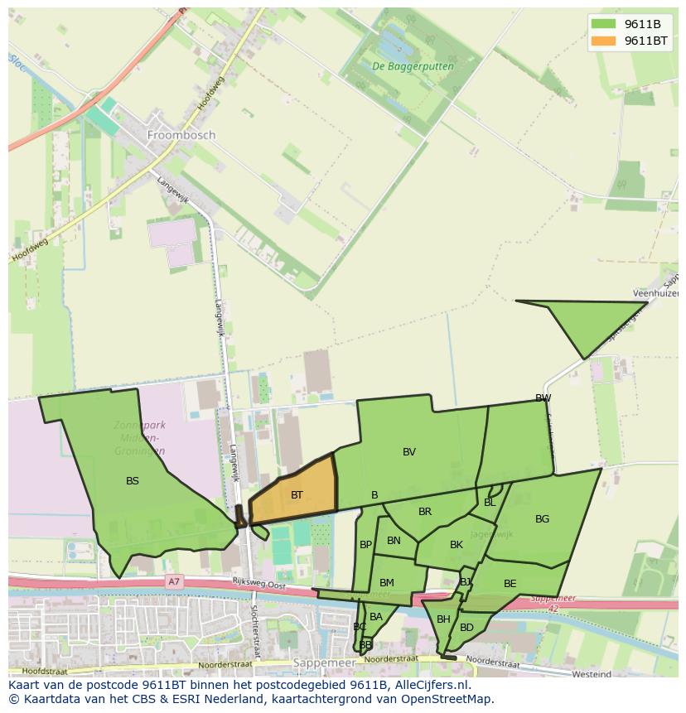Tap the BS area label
[x=133, y=481]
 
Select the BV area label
[x=409, y=452]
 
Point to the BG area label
[x=542, y=519]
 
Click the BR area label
[x=425, y=512]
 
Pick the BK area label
[x=457, y=545]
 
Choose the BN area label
[x=394, y=541]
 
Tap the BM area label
[x=387, y=583]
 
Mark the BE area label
[x=510, y=584]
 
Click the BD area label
[x=466, y=628]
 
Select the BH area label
[x=443, y=619]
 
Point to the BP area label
[x=365, y=545]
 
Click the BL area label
[x=490, y=503]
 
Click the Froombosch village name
[x=181, y=134]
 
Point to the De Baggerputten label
[x=402, y=65]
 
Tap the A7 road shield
[x=174, y=582]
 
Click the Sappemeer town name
[x=324, y=663]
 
